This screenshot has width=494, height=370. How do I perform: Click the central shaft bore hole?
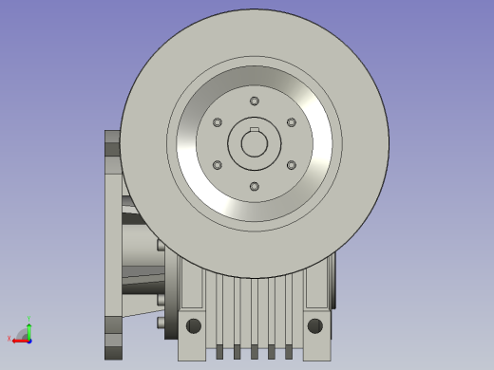coord(254,144)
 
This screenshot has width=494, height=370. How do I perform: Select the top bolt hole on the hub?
coord(254,102)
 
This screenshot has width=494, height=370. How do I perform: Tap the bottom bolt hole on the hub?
coord(254,186)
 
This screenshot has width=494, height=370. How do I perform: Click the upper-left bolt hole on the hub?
coord(218,123)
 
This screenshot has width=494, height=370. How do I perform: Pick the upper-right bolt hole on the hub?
coord(291,123)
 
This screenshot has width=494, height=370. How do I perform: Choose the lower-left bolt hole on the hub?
coord(218,165)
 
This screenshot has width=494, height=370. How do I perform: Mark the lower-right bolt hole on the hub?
coord(291,165)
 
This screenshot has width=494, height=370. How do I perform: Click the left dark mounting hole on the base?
coord(194,326)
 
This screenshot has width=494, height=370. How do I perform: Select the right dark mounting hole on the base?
coord(313,326)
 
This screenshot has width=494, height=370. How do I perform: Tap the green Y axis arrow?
coord(28,327)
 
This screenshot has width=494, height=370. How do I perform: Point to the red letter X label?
coord(9,340)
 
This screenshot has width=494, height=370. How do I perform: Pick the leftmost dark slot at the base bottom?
coord(218,352)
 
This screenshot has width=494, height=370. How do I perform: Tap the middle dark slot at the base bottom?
coord(254,352)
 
